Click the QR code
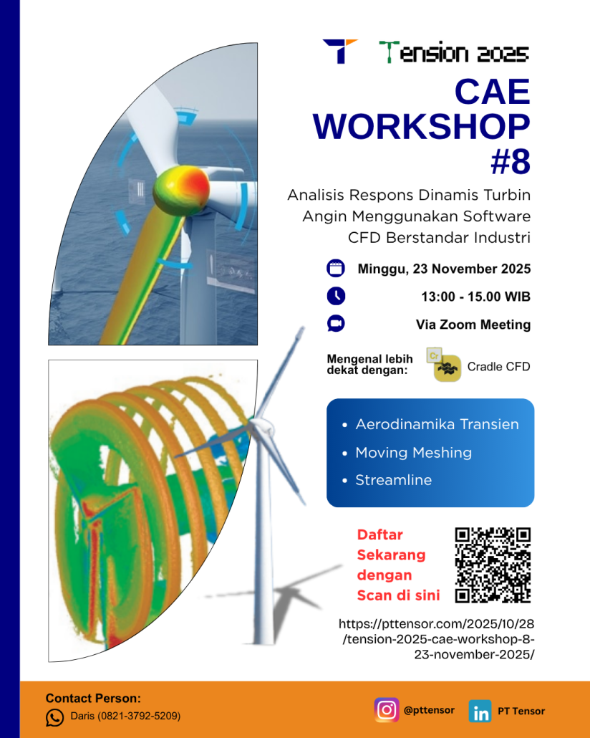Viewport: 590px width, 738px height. click(x=493, y=565)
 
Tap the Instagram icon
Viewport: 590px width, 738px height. click(x=387, y=710)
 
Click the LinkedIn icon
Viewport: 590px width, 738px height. click(x=480, y=711)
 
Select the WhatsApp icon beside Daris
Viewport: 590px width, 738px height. click(x=55, y=717)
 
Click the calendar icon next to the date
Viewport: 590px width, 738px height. click(x=335, y=269)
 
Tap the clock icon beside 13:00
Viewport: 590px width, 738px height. click(x=335, y=296)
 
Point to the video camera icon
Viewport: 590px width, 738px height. click(x=335, y=324)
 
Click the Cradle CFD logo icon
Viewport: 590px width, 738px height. click(x=447, y=368)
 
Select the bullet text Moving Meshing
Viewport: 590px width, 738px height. click(x=413, y=453)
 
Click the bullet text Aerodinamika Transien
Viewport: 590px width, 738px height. click(x=437, y=425)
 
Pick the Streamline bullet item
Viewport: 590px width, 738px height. click(x=393, y=480)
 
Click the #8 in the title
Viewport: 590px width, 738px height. click(x=510, y=161)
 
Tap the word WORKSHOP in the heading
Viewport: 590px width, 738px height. click(x=422, y=126)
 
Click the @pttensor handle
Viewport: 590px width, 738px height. click(x=429, y=710)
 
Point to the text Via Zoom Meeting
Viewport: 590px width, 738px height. click(x=473, y=325)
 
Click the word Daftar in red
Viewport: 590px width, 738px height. click(x=380, y=535)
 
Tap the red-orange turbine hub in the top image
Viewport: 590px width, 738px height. click(x=183, y=188)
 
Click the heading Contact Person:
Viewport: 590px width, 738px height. click(x=93, y=699)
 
